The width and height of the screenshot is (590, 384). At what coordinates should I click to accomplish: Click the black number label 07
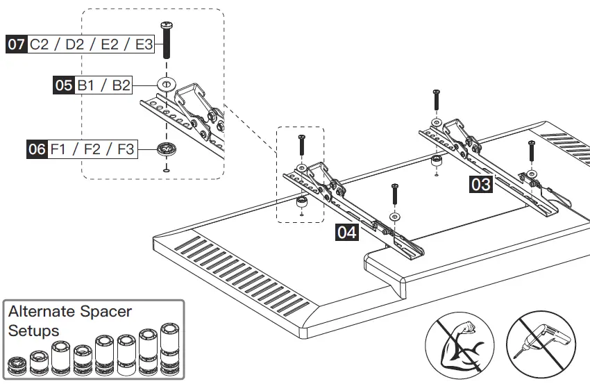point(17,45)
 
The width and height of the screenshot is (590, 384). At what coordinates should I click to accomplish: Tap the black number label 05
point(64,85)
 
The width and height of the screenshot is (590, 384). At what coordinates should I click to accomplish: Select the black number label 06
point(37,149)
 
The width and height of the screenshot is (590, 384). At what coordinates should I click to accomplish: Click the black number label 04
point(346,232)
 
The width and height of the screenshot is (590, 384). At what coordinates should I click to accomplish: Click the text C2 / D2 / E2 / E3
point(91,45)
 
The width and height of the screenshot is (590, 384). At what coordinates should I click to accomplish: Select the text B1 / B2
point(103,85)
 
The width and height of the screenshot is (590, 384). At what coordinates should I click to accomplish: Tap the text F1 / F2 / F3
point(92,149)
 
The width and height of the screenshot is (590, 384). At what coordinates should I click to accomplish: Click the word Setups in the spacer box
point(33,330)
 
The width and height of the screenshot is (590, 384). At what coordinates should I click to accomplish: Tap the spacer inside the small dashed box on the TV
point(302,202)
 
